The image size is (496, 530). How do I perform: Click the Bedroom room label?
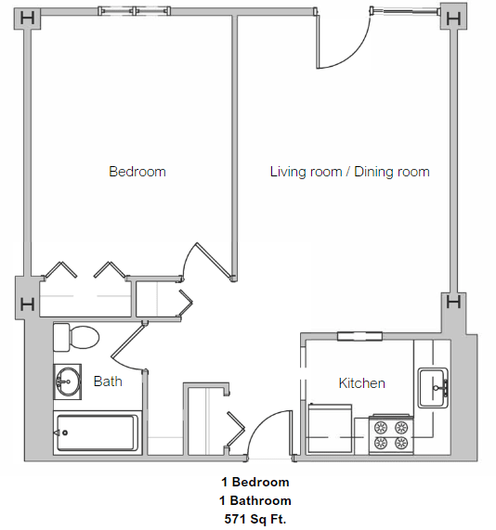click(137, 172)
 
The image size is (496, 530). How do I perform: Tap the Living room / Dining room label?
click(349, 172)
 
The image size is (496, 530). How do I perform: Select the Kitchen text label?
click(361, 383)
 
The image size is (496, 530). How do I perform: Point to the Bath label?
click(108, 381)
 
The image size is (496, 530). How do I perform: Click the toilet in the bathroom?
click(76, 337)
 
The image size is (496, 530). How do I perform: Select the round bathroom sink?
click(67, 381)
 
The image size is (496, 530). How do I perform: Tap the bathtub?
click(96, 433)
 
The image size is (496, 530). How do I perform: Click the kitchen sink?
click(432, 387)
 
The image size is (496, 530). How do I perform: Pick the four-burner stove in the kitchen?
click(391, 434)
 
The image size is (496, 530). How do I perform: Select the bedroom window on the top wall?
click(135, 11)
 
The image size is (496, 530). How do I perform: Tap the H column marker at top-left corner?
click(28, 18)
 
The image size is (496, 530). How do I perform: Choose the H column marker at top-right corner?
click(453, 17)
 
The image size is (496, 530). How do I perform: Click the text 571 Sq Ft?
click(255, 518)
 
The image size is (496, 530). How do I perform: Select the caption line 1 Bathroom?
click(255, 500)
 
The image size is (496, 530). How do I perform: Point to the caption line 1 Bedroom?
click(255, 482)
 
